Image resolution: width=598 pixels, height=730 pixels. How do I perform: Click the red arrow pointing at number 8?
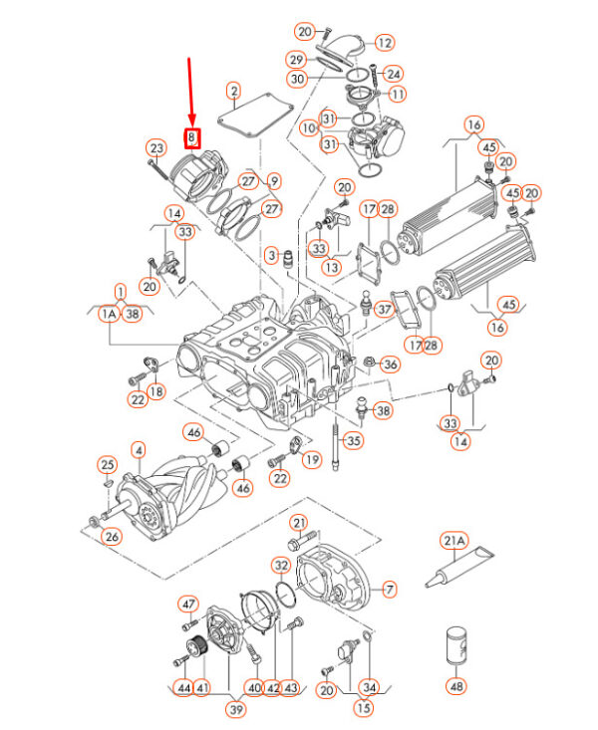(x=190, y=95)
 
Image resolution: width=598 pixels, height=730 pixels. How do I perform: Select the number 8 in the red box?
(x=191, y=138)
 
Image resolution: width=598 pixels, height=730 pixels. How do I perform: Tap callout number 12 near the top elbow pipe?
(x=384, y=43)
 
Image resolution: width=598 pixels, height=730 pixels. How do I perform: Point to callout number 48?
(x=456, y=685)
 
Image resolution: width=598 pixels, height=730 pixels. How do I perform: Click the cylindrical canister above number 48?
(x=456, y=643)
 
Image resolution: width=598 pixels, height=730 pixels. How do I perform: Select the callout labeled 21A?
(x=454, y=541)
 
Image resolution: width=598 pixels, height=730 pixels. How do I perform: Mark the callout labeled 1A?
(x=108, y=314)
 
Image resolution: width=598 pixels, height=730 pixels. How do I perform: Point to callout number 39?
(x=236, y=709)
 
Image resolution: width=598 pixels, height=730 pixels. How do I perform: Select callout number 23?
(x=155, y=148)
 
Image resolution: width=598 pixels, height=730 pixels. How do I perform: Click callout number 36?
(x=390, y=365)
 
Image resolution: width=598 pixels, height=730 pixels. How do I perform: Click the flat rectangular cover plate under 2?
(x=255, y=123)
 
